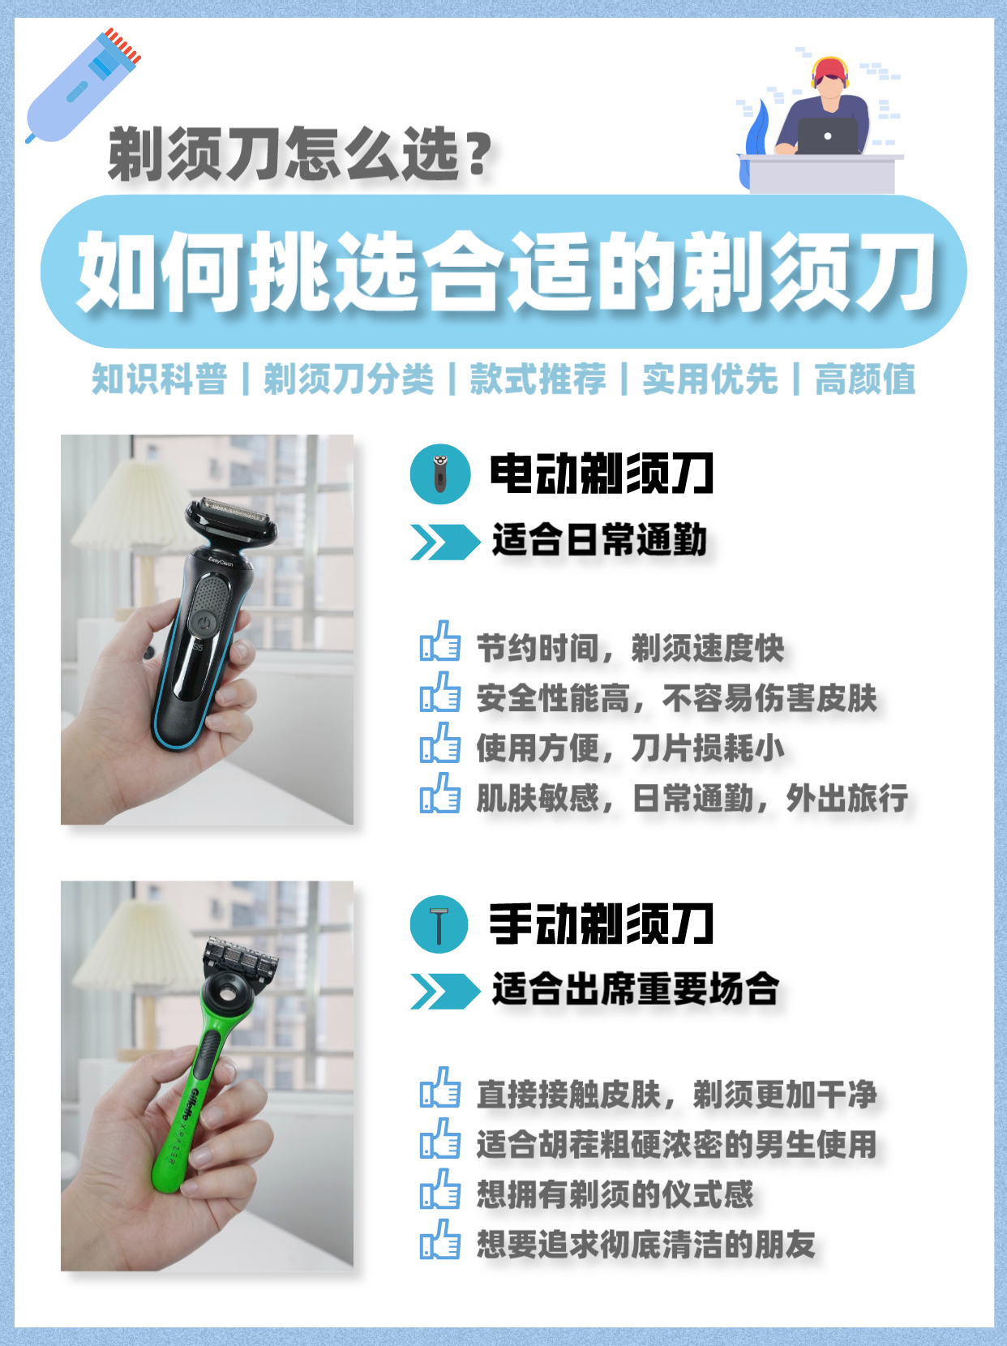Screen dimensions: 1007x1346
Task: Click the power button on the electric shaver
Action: tap(204, 624)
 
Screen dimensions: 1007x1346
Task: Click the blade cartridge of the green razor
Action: tap(241, 956)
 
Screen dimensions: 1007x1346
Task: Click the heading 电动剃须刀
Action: tap(602, 474)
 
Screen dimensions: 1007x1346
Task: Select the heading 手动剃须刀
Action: tap(602, 924)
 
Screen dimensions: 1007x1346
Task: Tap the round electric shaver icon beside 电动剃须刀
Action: tap(440, 474)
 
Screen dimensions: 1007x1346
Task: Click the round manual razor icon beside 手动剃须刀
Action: tap(439, 924)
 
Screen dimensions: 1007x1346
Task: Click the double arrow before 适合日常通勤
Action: tap(445, 542)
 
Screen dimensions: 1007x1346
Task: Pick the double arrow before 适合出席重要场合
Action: tap(445, 992)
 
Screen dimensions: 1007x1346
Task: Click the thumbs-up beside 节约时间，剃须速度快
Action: tap(440, 641)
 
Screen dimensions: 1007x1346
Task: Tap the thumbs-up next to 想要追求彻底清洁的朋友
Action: tap(440, 1239)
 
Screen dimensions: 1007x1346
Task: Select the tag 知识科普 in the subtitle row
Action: tap(160, 379)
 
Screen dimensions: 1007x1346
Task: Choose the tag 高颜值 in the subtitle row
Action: tap(865, 379)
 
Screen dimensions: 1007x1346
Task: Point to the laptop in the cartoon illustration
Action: tap(828, 135)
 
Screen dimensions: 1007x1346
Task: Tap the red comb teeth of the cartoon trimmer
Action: tap(122, 45)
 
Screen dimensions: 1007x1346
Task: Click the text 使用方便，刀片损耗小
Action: tap(630, 748)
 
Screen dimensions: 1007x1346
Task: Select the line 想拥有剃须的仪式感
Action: tap(615, 1194)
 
